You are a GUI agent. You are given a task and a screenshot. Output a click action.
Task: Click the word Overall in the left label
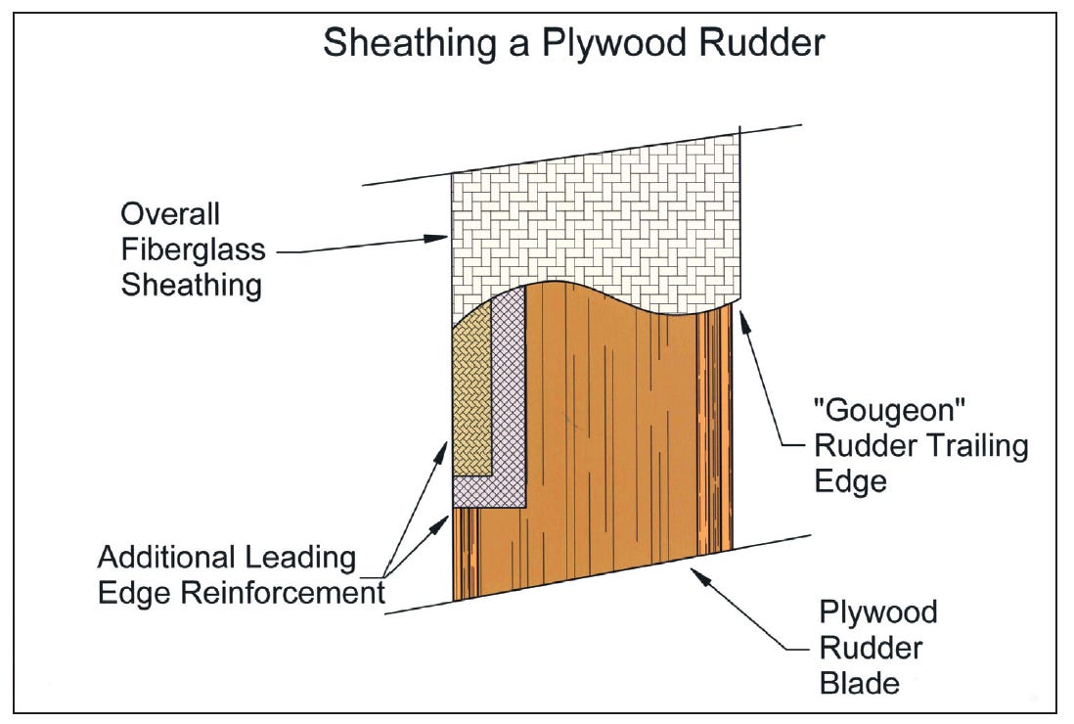(170, 214)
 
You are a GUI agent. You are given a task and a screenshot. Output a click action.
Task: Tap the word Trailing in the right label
(975, 447)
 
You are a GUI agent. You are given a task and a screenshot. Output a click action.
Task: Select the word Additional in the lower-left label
(166, 558)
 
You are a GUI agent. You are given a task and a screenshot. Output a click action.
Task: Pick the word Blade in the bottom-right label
(859, 682)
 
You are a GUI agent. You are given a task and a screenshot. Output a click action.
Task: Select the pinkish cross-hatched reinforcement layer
(509, 411)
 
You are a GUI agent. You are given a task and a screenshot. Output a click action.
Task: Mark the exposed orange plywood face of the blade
(606, 440)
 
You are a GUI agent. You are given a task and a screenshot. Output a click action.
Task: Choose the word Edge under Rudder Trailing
(850, 482)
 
